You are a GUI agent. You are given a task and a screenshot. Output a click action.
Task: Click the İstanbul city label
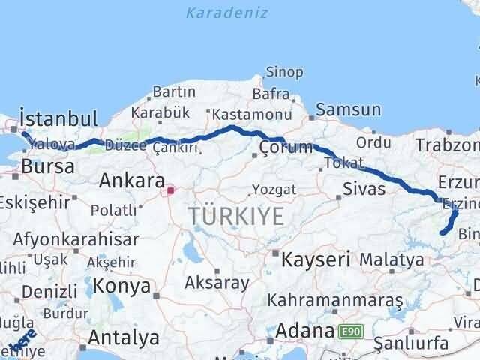59,118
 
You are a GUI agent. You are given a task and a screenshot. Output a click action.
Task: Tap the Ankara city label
132,181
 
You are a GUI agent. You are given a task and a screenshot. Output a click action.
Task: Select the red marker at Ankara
170,190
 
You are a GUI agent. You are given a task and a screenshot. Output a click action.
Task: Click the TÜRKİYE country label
236,216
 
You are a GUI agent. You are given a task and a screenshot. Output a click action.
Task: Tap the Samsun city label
348,109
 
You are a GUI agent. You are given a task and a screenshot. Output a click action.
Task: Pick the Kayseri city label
316,260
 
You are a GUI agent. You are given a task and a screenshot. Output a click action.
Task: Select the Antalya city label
124,337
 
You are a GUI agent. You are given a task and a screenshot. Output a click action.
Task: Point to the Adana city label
304,330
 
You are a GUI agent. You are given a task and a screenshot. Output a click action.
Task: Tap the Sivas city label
364,188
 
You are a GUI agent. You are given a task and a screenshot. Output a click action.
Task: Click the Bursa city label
49,166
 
